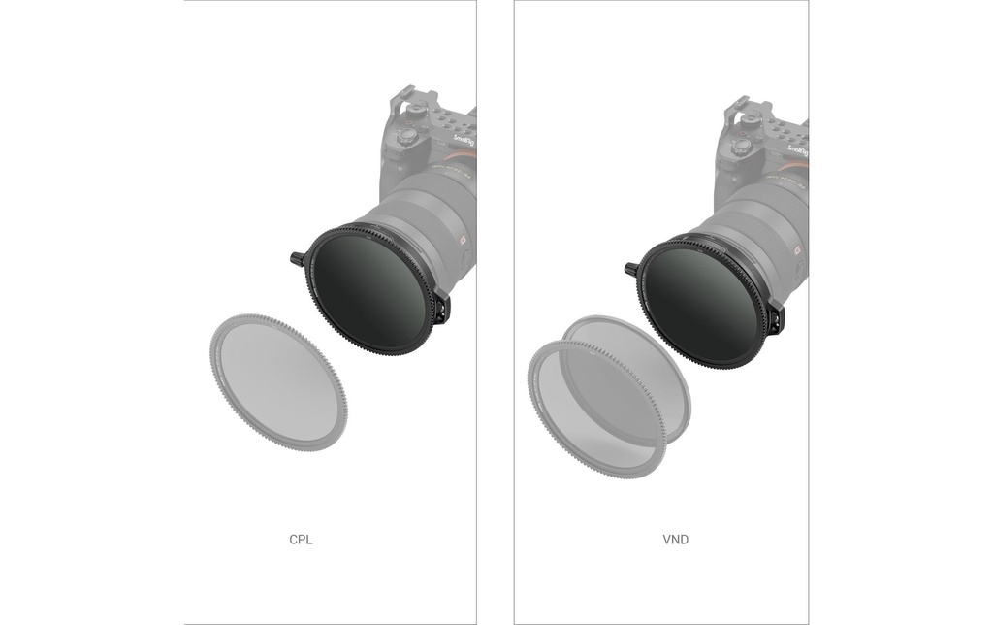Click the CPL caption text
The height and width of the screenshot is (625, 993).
[x=301, y=540]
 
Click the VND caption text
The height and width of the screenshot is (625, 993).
[x=675, y=540]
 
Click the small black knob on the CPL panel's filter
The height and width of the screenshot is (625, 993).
[x=297, y=258]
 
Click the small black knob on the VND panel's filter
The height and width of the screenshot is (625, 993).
[x=631, y=269]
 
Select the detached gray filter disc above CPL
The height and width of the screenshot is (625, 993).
[x=278, y=382]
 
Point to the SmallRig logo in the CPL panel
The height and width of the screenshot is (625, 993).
[x=464, y=140]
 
